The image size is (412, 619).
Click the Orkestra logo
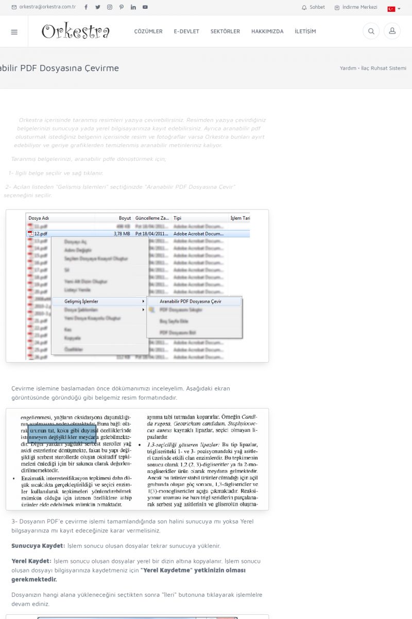click(75, 31)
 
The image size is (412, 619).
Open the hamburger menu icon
click(14, 31)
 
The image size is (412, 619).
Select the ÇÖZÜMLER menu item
click(148, 31)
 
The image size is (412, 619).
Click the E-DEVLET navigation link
click(186, 31)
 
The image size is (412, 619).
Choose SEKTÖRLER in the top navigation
click(225, 31)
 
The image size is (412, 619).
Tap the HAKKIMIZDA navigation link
click(267, 31)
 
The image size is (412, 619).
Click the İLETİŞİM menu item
click(305, 31)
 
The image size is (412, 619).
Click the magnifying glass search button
click(371, 31)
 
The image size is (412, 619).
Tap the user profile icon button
click(392, 31)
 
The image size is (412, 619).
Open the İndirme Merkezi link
click(356, 7)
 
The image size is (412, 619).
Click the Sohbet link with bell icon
click(314, 7)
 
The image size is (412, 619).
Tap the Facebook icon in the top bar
click(86, 7)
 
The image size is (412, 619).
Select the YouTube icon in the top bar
click(145, 7)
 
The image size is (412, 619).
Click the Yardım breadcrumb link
click(348, 68)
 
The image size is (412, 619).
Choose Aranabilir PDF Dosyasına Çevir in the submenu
click(191, 301)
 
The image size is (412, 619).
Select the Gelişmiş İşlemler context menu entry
click(81, 301)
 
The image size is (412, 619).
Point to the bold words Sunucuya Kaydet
click(38, 546)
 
